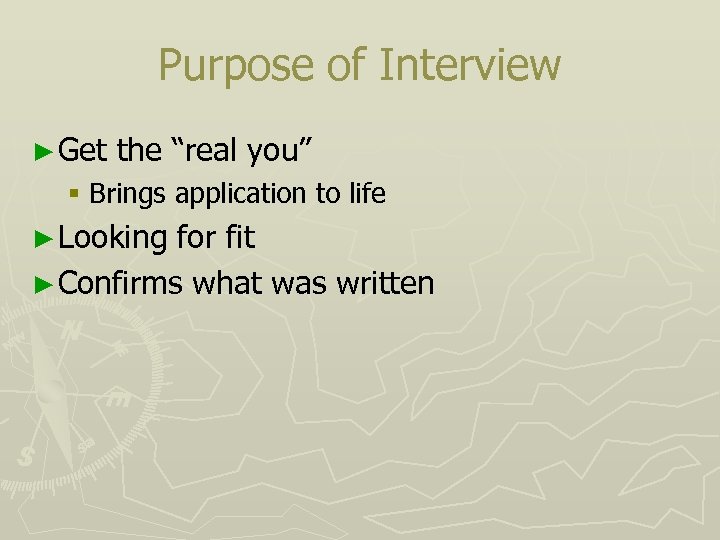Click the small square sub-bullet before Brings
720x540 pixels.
point(75,194)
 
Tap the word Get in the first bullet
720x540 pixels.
point(82,151)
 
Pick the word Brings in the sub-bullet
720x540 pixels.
point(129,194)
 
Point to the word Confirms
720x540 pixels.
point(121,283)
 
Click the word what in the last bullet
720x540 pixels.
point(228,283)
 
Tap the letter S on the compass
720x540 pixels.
point(26,456)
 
